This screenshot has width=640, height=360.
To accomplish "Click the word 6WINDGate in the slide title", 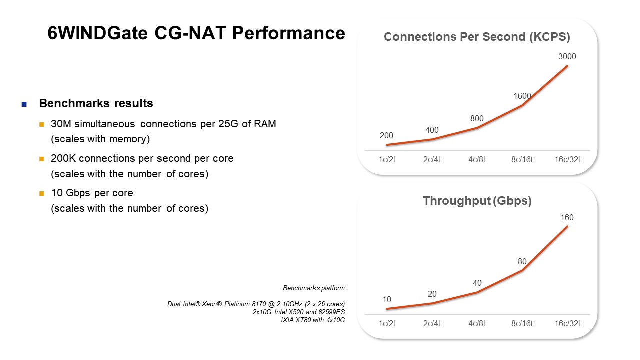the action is click(97, 33).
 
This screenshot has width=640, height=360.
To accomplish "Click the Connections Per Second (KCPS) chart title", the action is click(477, 37).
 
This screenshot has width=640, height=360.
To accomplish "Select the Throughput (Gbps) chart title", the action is click(477, 201).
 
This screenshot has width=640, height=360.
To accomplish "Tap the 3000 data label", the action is click(567, 56).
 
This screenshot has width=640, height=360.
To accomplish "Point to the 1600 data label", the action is click(522, 96).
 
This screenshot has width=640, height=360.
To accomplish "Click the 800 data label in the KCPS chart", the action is click(477, 118).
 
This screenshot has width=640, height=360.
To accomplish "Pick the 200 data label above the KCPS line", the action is click(386, 135).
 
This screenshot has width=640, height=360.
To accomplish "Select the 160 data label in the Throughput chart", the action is click(567, 217).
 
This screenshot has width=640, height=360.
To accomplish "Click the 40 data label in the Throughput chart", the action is click(477, 283).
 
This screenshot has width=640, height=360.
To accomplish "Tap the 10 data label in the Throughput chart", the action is click(387, 299).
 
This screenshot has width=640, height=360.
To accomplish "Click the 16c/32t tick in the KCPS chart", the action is click(567, 159).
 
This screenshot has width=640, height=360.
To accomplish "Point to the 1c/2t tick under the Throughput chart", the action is click(387, 323).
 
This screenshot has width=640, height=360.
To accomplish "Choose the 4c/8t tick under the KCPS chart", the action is click(477, 159).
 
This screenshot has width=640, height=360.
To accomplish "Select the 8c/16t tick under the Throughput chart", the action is click(522, 323).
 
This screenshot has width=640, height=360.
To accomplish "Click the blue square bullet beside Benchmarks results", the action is click(24, 104).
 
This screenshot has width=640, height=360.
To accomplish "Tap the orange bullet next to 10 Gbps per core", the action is click(41, 193).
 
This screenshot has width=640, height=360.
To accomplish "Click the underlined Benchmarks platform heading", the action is click(314, 288).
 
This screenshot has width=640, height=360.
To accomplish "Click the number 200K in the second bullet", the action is click(63, 158).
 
